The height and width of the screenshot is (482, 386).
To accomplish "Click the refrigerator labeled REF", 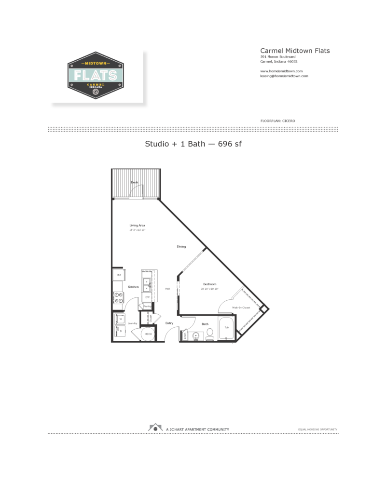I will coord(118,275).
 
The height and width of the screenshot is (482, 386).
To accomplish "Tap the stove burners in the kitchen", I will coord(117,297).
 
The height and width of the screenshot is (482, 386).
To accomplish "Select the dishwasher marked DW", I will coord(147,297).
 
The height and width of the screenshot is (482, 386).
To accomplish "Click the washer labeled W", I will coord(120,319).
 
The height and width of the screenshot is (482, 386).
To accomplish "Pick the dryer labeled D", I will coord(120,331).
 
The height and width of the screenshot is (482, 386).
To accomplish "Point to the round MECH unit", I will coord(148,335).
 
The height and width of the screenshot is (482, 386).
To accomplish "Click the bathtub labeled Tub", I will coord(226,328).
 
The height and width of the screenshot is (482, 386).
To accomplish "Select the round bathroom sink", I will coord(196,335).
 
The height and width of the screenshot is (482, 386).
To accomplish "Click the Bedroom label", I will coord(209,284).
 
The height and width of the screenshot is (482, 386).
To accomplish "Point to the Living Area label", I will coord(137,225).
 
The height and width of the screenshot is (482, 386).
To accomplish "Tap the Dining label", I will coord(181,247).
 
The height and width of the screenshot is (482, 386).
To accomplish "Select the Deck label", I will coord(135,182).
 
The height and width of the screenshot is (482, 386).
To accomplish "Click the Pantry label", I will coord(148,307).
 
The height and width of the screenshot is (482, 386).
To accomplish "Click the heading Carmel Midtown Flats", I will coord(295,50).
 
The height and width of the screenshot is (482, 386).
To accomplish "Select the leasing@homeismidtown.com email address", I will coord(284,76).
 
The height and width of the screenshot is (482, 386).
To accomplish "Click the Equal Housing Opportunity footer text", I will coord(317,429).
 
